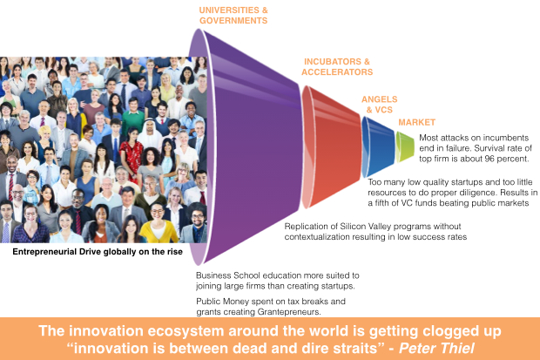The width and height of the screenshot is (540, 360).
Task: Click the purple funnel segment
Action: pyautogui.click(x=248, y=146)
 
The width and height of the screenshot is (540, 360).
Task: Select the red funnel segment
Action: pyautogui.click(x=331, y=147)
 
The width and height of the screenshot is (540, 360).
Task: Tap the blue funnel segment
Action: pyautogui.click(x=377, y=146)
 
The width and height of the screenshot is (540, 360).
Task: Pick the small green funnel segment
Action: pyautogui.click(x=405, y=146)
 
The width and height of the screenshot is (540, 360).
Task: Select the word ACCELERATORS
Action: pyautogui.click(x=337, y=72)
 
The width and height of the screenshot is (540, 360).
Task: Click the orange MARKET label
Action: pyautogui.click(x=416, y=122)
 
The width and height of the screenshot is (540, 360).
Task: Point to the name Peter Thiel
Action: pyautogui.click(x=436, y=349)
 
